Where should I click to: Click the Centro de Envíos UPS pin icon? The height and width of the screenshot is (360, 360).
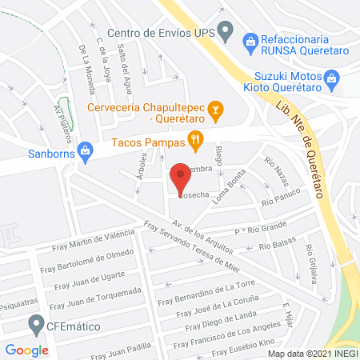[225, 34]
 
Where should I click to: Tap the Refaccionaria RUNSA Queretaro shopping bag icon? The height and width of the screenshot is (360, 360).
[250, 40]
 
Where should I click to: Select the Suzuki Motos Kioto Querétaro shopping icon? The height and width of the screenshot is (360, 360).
[334, 79]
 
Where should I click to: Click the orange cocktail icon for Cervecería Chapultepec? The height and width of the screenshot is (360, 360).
[214, 109]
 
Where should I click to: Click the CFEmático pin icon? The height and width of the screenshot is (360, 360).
[35, 325]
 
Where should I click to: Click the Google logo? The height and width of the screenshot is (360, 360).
[27, 350]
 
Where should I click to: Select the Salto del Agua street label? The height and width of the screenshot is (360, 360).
[119, 52]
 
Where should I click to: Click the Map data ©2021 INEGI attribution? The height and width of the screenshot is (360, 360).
[311, 353]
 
